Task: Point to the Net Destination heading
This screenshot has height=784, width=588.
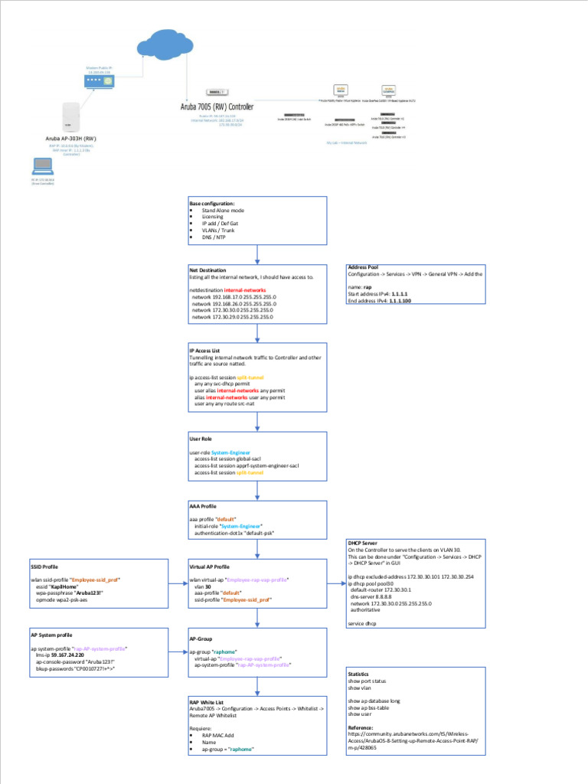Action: [207, 270]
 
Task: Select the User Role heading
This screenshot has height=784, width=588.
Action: [200, 439]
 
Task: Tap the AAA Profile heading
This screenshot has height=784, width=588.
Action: [202, 507]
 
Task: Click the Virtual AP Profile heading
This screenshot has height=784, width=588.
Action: [209, 567]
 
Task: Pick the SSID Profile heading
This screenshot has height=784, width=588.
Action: [44, 567]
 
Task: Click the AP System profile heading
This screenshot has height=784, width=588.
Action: [52, 635]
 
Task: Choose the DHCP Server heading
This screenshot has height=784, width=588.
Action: [362, 543]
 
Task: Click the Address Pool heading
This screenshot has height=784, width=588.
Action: [363, 267]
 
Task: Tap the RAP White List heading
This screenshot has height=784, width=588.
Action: [207, 701]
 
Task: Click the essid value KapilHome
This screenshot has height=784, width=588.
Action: [67, 586]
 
